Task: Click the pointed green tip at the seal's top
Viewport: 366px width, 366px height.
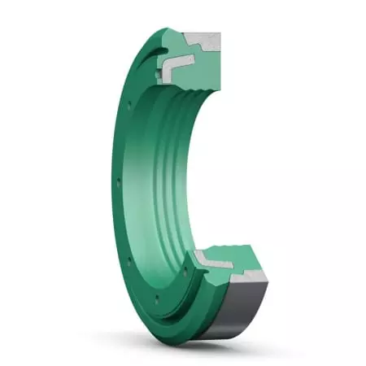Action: pos(176,31)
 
